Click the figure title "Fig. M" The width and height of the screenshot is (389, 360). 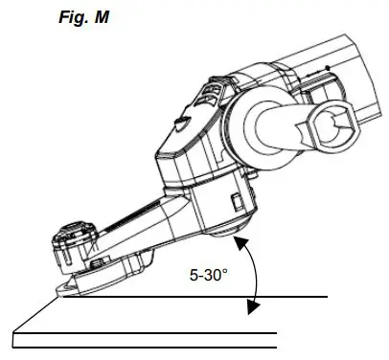86,16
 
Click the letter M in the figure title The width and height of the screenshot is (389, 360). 102,16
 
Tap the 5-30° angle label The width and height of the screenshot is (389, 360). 209,275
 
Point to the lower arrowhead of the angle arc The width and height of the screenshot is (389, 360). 254,306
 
